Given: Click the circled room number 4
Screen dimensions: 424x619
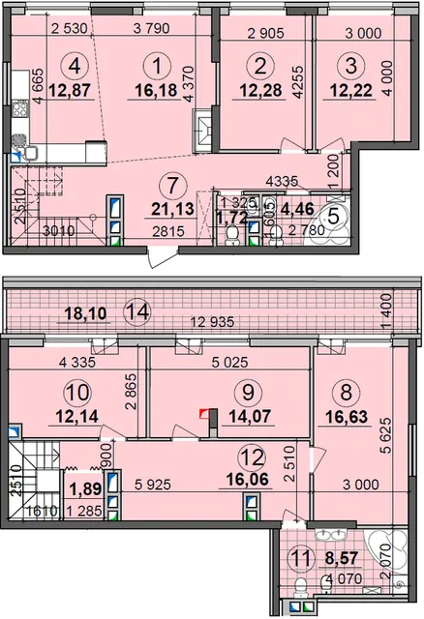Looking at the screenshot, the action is tap(74, 66).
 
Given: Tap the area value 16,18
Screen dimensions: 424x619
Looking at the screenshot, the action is tap(156, 90).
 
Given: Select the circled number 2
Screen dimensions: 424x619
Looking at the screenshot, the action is tap(260, 66).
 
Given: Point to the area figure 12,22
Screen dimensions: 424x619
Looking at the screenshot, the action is tap(350, 90).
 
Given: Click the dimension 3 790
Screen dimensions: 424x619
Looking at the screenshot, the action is tap(152, 28).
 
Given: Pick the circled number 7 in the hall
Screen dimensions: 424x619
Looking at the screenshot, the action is tap(171, 185).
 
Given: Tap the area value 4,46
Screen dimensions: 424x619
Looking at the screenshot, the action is tap(297, 209).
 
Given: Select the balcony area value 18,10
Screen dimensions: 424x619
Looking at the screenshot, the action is tap(86, 313).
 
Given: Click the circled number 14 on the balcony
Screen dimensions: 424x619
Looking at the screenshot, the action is tap(136, 311).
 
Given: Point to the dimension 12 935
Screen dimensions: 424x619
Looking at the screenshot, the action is tap(212, 322).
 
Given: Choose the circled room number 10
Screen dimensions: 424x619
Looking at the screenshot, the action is tap(77, 393).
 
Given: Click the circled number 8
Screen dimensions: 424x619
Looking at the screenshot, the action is tap(346, 393).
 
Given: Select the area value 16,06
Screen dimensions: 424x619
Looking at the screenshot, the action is tap(248, 480).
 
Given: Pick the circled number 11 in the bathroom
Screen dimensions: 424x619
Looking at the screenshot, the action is tap(302, 558).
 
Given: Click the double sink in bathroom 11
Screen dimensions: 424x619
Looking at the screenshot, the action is tap(331, 535).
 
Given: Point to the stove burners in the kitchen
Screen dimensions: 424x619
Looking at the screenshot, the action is tap(20, 108).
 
